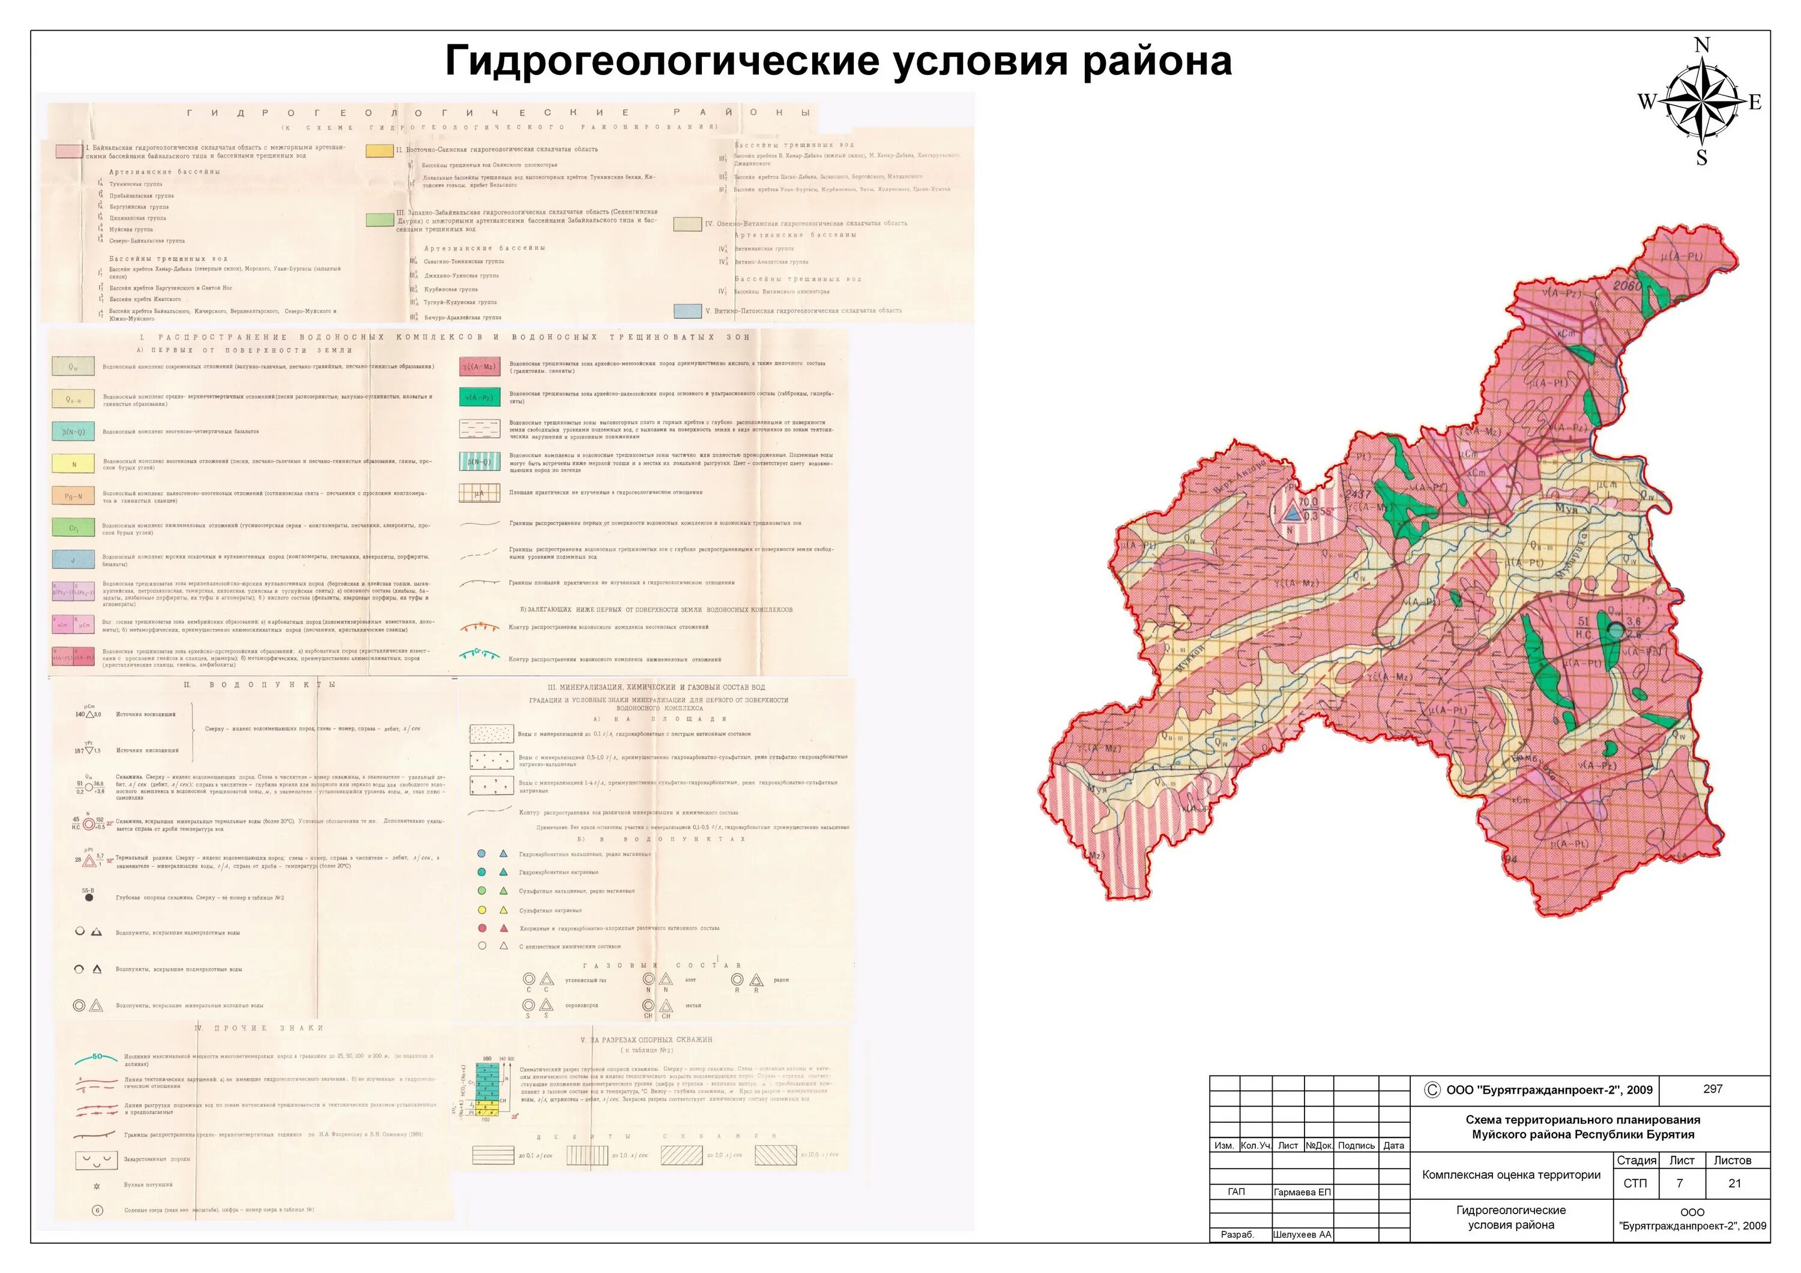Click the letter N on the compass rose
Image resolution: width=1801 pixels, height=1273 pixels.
coord(1701,46)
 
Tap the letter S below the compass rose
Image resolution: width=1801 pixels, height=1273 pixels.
coord(1701,158)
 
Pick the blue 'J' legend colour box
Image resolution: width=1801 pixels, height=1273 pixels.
coord(74,559)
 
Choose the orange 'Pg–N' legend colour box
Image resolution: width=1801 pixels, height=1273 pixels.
coord(74,496)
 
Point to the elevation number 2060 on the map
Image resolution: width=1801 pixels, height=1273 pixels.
coord(1627,286)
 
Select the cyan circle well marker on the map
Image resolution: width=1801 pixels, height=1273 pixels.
coord(1615,629)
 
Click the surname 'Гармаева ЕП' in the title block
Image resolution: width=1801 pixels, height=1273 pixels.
coord(1302,1192)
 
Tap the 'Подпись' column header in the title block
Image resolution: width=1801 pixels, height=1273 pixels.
coord(1356,1146)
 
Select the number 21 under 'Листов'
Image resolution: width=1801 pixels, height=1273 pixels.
coord(1734,1184)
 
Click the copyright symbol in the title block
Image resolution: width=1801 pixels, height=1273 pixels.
coord(1432,1089)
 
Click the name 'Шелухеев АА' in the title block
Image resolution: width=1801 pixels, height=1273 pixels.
coord(1302,1235)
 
